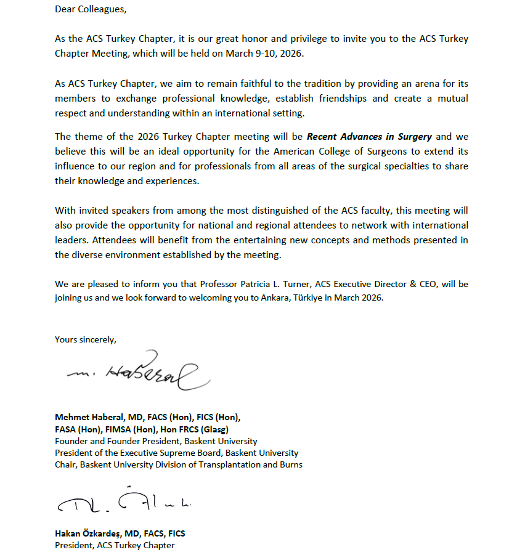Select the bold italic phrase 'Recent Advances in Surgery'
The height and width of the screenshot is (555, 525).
[370, 136]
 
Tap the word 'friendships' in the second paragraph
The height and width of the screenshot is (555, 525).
[343, 98]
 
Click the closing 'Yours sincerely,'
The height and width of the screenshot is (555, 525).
[86, 339]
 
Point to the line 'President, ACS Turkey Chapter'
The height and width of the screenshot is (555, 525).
[115, 545]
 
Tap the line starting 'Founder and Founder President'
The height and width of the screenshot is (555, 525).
[156, 441]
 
